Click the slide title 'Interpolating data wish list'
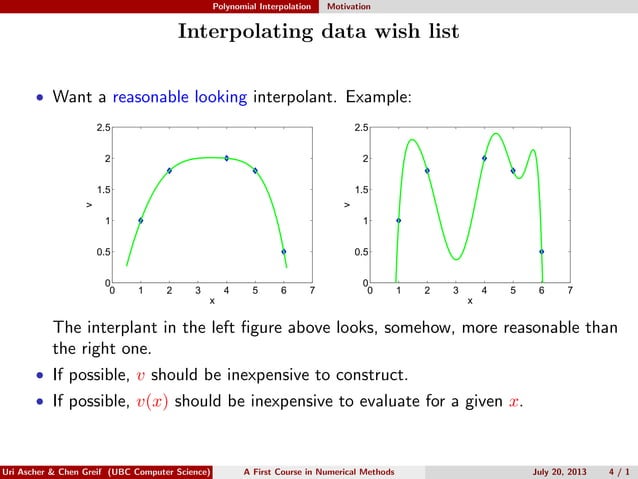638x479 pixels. pyautogui.click(x=318, y=32)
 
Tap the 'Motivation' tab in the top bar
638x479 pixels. pyautogui.click(x=350, y=6)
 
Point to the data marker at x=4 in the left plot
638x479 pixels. pyautogui.click(x=226, y=158)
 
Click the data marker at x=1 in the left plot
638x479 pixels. pyautogui.click(x=140, y=220)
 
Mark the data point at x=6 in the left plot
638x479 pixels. pyautogui.click(x=284, y=251)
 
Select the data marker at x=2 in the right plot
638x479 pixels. pyautogui.click(x=427, y=170)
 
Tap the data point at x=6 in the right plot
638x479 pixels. pyautogui.click(x=542, y=251)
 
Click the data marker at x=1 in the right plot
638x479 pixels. pyautogui.click(x=398, y=220)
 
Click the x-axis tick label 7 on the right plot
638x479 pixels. pyautogui.click(x=570, y=291)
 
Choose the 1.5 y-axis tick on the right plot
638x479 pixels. pyautogui.click(x=360, y=189)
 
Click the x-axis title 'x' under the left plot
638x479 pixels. pyautogui.click(x=211, y=300)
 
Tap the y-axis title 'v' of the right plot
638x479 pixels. pyautogui.click(x=346, y=205)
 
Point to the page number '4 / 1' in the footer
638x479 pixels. pyautogui.click(x=618, y=471)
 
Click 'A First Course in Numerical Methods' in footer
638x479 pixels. pyautogui.click(x=319, y=471)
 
